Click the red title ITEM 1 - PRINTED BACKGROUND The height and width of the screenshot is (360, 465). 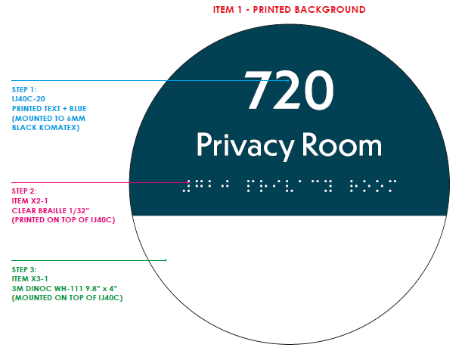(x=290, y=9)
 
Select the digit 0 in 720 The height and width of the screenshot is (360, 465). (x=318, y=92)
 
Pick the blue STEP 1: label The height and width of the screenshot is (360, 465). (x=25, y=89)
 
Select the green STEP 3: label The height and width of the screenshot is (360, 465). (x=25, y=268)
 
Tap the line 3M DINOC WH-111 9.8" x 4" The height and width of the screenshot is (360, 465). (x=64, y=288)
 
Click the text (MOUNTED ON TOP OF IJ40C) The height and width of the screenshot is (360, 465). (x=67, y=298)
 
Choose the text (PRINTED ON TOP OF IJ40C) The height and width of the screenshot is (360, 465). (x=65, y=219)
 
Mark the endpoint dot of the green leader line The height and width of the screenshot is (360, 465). (x=166, y=260)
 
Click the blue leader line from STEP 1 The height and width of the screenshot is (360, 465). (x=113, y=80)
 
